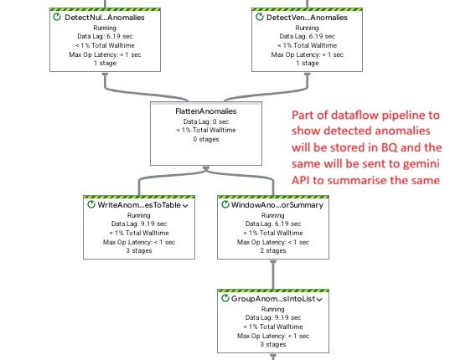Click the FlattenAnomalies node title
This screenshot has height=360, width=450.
click(x=206, y=111)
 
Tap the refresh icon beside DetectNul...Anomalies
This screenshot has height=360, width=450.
click(x=57, y=17)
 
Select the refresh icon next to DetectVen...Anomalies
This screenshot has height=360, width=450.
click(x=260, y=17)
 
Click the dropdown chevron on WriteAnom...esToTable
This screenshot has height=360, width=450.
click(x=185, y=205)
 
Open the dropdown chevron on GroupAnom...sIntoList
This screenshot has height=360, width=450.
click(x=319, y=299)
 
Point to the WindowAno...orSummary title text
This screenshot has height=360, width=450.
click(x=277, y=205)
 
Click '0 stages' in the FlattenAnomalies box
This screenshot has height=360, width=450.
click(x=206, y=139)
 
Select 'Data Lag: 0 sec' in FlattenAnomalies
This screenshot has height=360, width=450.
click(x=206, y=121)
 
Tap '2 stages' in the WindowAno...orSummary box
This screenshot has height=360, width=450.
click(x=273, y=250)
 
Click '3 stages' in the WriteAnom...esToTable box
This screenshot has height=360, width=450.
click(x=139, y=250)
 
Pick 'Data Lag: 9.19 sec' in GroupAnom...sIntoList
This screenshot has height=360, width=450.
click(x=273, y=317)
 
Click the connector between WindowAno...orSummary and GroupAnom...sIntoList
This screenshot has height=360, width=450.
click(x=273, y=275)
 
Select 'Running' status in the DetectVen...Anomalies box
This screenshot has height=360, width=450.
click(x=307, y=28)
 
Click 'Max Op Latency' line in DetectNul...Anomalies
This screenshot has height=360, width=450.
click(x=105, y=54)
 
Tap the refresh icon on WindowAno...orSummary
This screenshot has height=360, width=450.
click(x=225, y=204)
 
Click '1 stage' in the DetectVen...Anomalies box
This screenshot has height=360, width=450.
click(x=307, y=63)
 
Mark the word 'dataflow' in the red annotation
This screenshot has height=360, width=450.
click(x=354, y=115)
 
